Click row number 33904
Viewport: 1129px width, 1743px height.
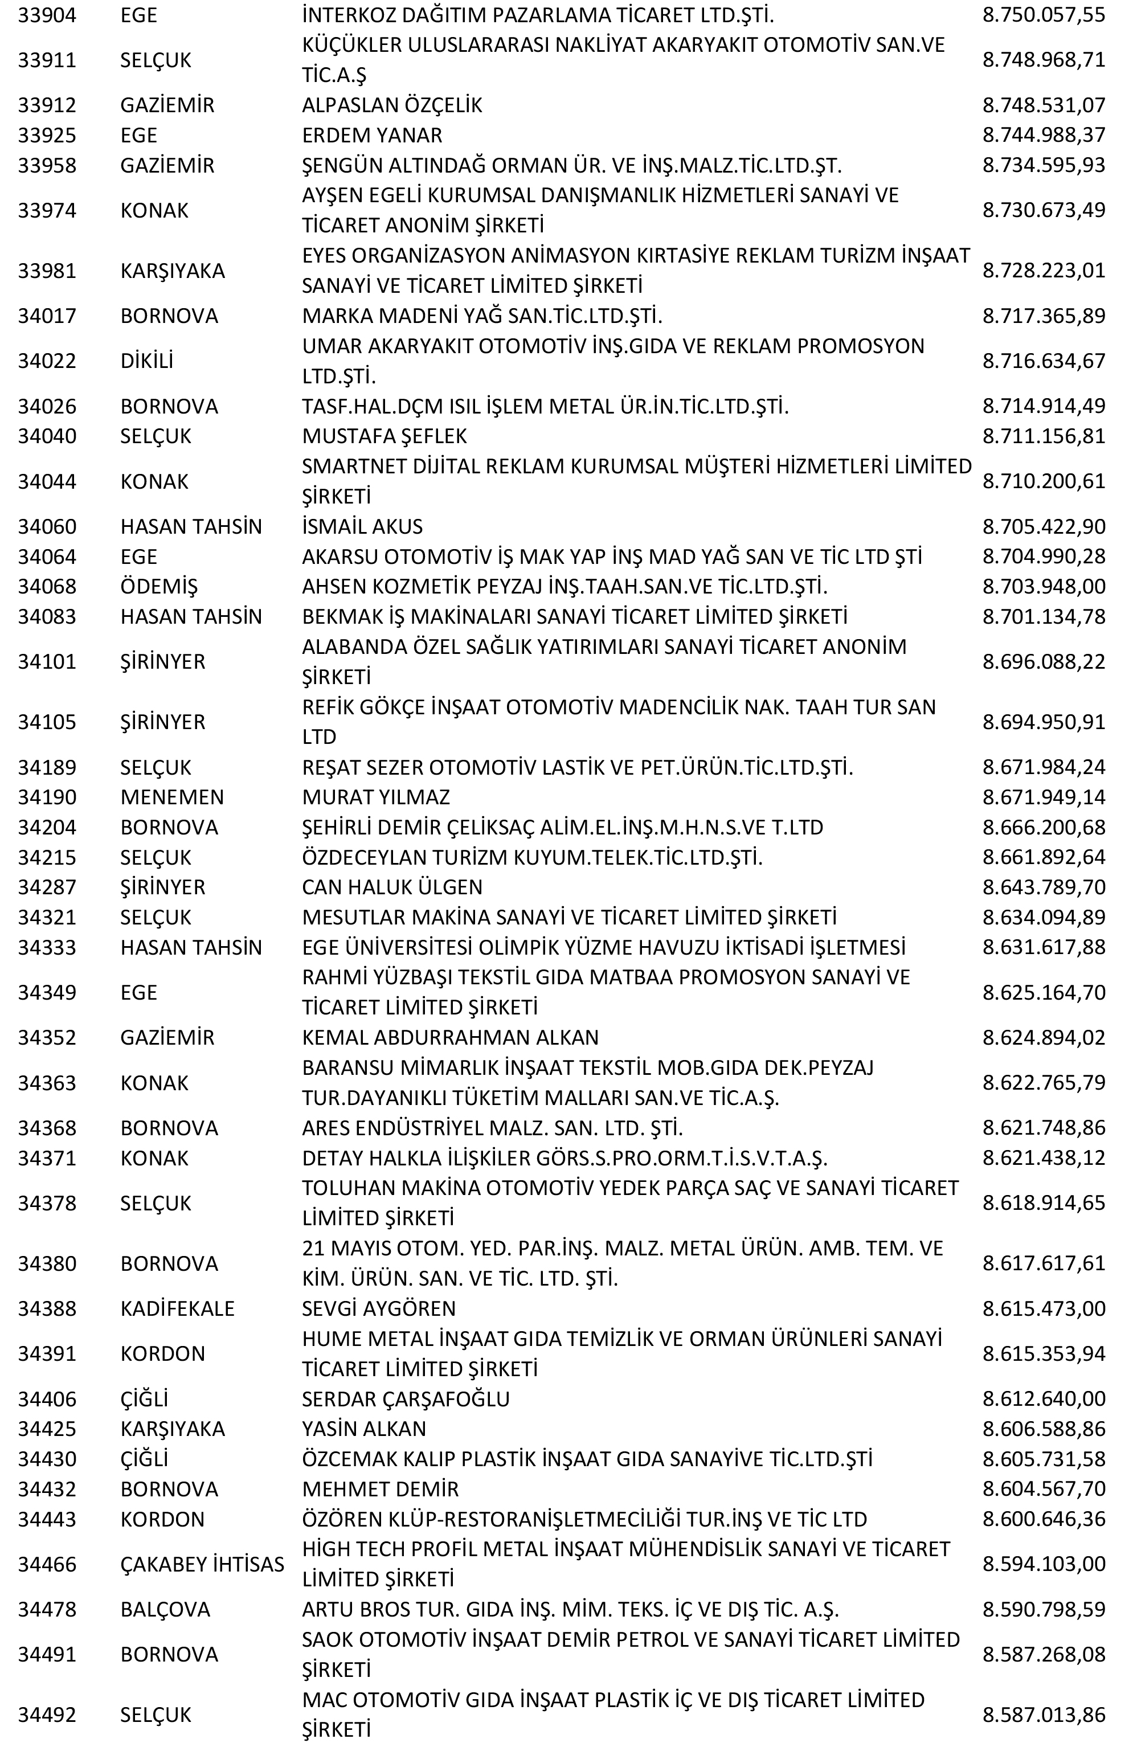click(47, 15)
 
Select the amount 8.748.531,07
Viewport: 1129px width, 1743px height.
click(1044, 105)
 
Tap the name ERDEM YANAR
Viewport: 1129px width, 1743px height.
click(372, 135)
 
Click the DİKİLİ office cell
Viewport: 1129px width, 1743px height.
click(146, 361)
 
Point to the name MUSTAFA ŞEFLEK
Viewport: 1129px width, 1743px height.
click(384, 436)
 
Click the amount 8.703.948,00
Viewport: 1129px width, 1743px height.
click(1044, 586)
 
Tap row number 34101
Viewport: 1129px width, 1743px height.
click(47, 661)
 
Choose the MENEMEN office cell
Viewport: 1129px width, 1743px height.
click(172, 797)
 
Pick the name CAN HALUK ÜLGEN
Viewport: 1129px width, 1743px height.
click(392, 887)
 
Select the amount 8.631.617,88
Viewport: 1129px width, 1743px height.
click(1044, 947)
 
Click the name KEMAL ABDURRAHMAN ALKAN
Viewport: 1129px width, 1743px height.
click(450, 1037)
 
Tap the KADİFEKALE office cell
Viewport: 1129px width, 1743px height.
click(177, 1308)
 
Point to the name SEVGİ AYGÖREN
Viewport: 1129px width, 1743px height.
click(379, 1308)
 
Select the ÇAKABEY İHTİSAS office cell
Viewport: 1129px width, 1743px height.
click(202, 1564)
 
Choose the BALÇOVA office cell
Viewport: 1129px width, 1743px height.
click(165, 1609)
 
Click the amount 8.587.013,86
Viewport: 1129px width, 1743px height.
click(1044, 1715)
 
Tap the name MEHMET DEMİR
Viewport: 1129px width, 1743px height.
click(380, 1489)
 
